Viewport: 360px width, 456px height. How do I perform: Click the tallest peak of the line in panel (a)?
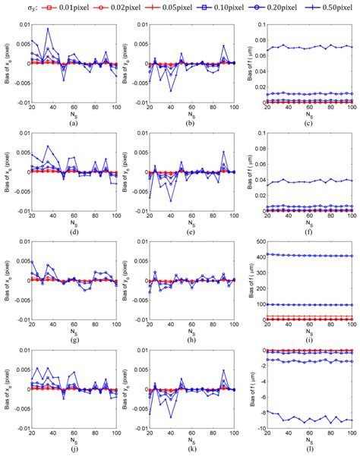point(48,29)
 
